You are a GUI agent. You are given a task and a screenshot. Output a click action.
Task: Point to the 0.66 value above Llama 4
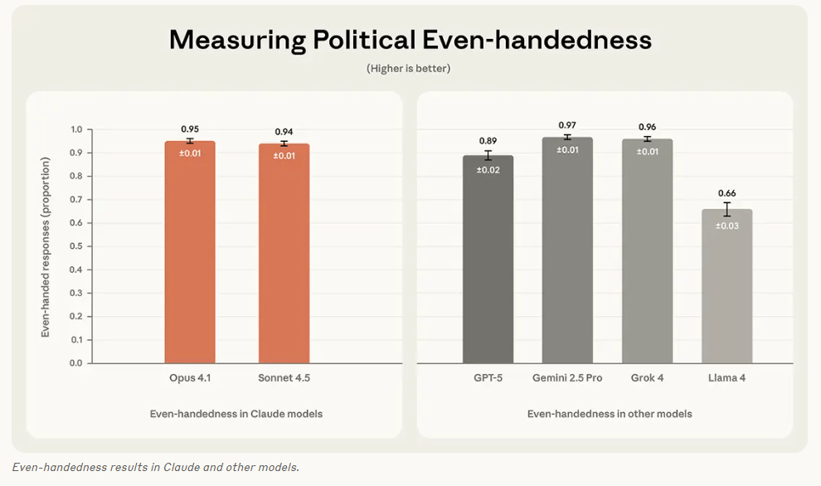pyautogui.click(x=726, y=193)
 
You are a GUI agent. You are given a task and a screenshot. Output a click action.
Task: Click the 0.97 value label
pyautogui.click(x=567, y=124)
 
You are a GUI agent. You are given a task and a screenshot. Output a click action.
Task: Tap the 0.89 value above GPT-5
pyautogui.click(x=488, y=141)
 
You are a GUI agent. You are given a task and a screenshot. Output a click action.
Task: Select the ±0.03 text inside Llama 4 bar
pyautogui.click(x=726, y=226)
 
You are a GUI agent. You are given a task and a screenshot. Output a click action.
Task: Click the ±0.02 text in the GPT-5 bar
pyautogui.click(x=488, y=169)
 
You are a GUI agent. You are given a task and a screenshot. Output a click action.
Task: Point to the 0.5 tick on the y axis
pyautogui.click(x=77, y=246)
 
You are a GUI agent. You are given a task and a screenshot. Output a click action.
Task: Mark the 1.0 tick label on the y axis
pyautogui.click(x=77, y=129)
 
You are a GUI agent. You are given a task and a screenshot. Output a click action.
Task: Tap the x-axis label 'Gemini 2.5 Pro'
pyautogui.click(x=567, y=378)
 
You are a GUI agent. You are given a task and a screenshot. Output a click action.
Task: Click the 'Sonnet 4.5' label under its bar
pyautogui.click(x=284, y=378)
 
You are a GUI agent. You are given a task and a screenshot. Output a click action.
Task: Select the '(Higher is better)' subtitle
pyautogui.click(x=409, y=68)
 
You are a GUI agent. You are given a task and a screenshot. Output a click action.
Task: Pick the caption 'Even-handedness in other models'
pyautogui.click(x=610, y=413)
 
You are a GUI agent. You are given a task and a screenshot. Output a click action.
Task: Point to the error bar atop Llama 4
pyautogui.click(x=726, y=209)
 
